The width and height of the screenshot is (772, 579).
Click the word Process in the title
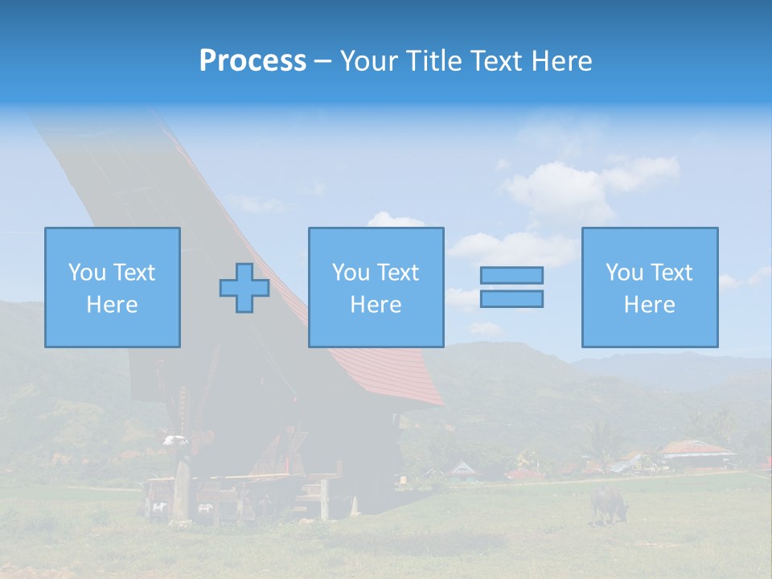(x=253, y=61)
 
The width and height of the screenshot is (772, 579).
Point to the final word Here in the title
(x=561, y=61)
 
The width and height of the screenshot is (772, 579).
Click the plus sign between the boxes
(x=244, y=288)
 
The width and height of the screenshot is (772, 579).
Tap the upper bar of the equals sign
(x=511, y=275)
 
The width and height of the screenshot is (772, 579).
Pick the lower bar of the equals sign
(x=511, y=298)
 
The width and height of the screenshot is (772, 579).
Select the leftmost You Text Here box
(x=113, y=287)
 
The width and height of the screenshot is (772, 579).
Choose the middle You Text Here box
(x=376, y=287)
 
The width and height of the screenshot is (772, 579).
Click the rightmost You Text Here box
(x=650, y=287)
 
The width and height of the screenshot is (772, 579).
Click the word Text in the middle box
(x=398, y=273)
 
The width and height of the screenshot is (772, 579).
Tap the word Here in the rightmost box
(x=650, y=305)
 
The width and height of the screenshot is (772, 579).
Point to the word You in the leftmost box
(x=87, y=273)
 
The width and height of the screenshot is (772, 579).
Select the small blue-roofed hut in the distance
(x=462, y=470)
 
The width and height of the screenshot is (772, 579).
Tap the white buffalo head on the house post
(x=175, y=440)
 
